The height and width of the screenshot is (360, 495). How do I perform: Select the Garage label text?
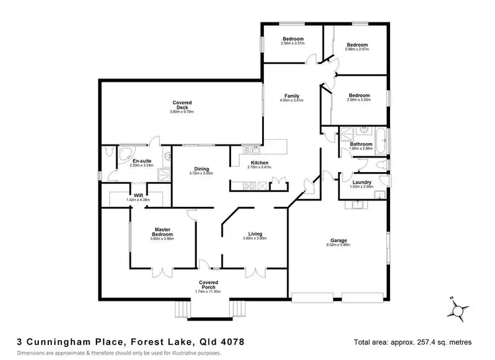(339, 240)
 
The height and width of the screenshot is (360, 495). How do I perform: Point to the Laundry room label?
(362, 182)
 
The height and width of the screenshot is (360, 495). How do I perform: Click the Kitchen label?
(259, 162)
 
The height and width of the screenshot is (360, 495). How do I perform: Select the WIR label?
(139, 195)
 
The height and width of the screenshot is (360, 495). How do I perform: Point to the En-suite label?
(143, 161)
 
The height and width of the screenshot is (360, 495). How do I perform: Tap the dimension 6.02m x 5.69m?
(339, 245)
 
